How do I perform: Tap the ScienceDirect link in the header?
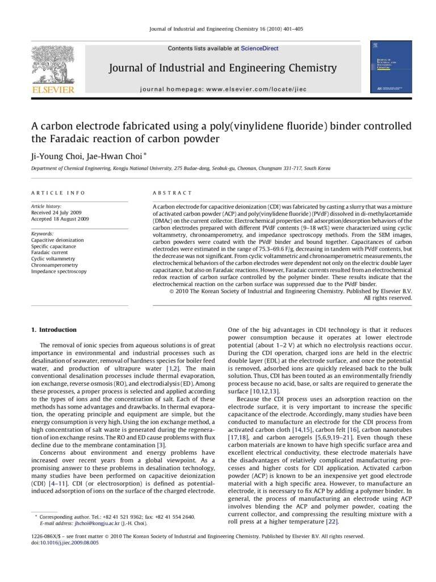click(x=259, y=49)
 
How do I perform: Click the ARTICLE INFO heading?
click(x=58, y=193)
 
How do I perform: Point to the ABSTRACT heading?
click(x=173, y=193)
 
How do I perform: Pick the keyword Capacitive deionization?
click(x=57, y=240)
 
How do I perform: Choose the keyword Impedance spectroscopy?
click(x=59, y=272)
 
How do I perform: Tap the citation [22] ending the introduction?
click(x=332, y=522)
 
